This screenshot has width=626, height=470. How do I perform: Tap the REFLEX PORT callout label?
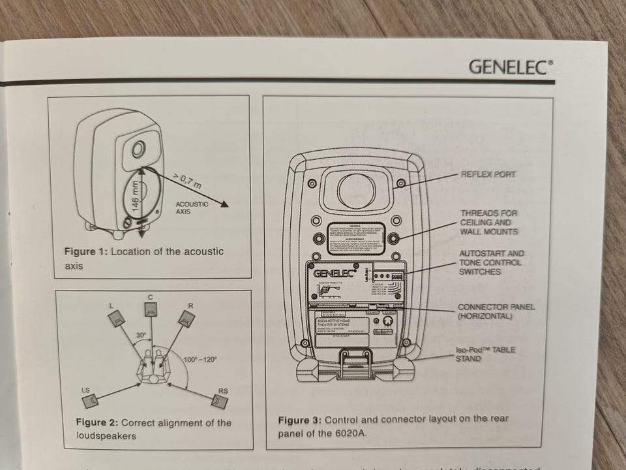pyautogui.click(x=488, y=174)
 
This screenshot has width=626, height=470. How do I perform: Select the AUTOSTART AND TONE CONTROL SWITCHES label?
pyautogui.click(x=491, y=262)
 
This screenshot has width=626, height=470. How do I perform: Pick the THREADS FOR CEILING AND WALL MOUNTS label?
pyautogui.click(x=489, y=223)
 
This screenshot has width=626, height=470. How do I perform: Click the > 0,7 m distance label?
pyautogui.click(x=188, y=180)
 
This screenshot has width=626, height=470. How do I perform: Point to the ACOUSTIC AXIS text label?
pyautogui.click(x=192, y=208)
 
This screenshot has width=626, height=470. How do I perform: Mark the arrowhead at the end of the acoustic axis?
pyautogui.click(x=226, y=206)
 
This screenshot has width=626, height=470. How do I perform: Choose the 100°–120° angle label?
pyautogui.click(x=201, y=358)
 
